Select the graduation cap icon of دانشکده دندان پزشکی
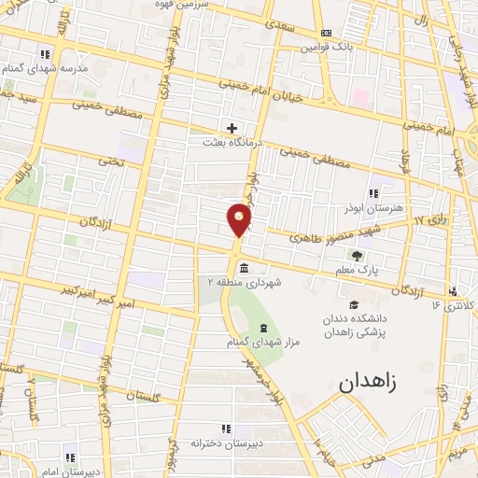[353, 304]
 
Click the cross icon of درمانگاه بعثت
[232, 128]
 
